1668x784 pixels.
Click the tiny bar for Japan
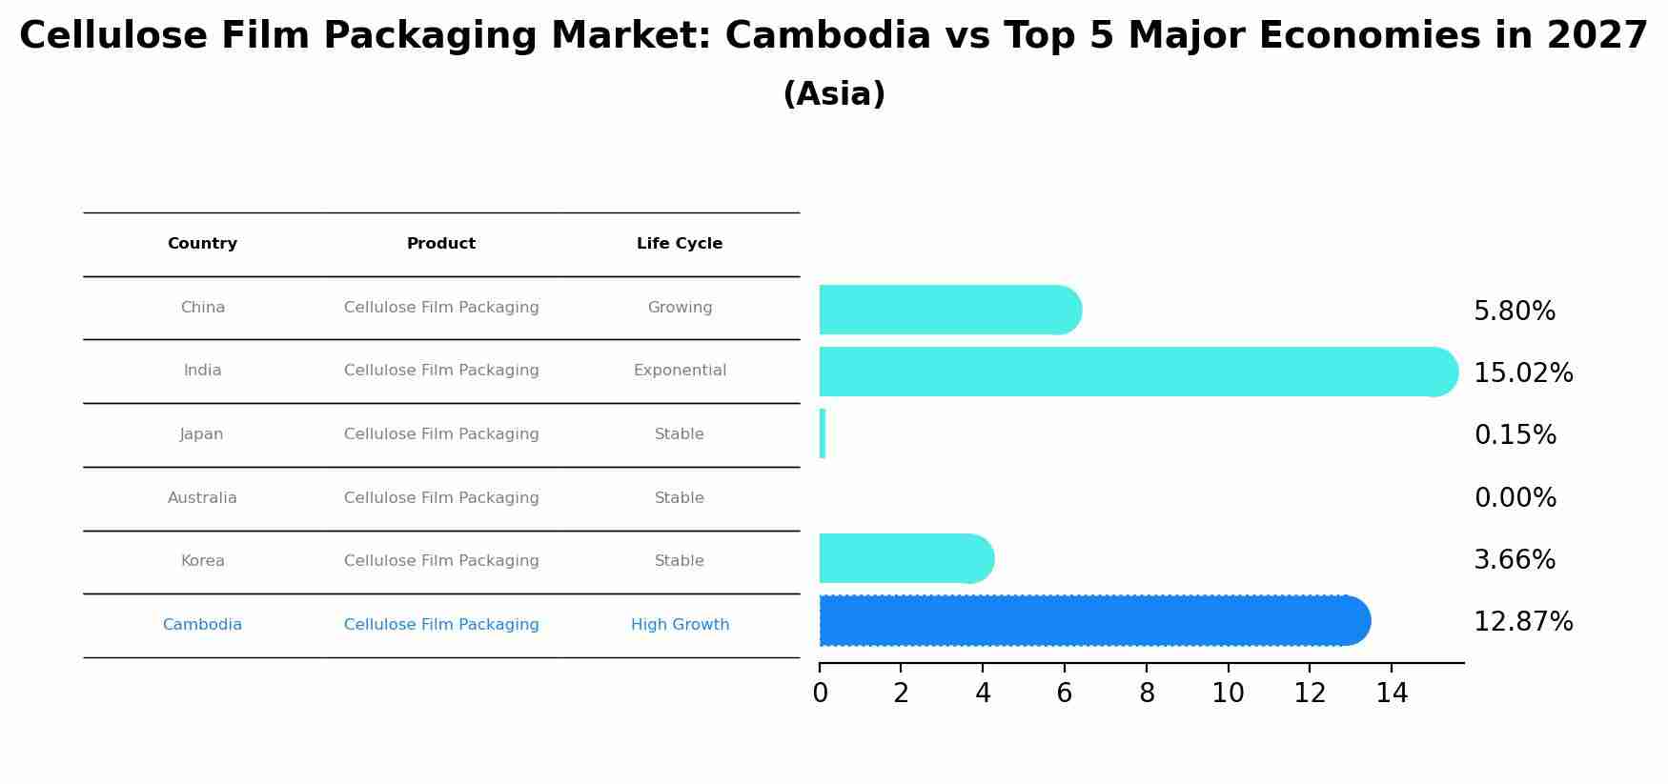(823, 433)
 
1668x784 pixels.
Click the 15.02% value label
(1523, 373)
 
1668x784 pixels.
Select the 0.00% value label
(1515, 498)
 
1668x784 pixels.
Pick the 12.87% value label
(1523, 622)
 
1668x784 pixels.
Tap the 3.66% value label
(1515, 560)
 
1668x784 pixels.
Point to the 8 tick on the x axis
(1147, 694)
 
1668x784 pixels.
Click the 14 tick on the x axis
(1392, 694)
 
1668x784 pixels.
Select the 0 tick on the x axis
(820, 694)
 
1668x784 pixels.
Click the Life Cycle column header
(680, 244)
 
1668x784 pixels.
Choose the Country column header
(202, 244)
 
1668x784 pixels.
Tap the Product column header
(441, 244)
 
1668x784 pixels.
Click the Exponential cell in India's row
(680, 371)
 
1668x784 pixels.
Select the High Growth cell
(680, 625)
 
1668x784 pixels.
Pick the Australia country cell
(202, 498)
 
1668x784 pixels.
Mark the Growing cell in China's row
(680, 308)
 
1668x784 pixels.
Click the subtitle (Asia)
(834, 94)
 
